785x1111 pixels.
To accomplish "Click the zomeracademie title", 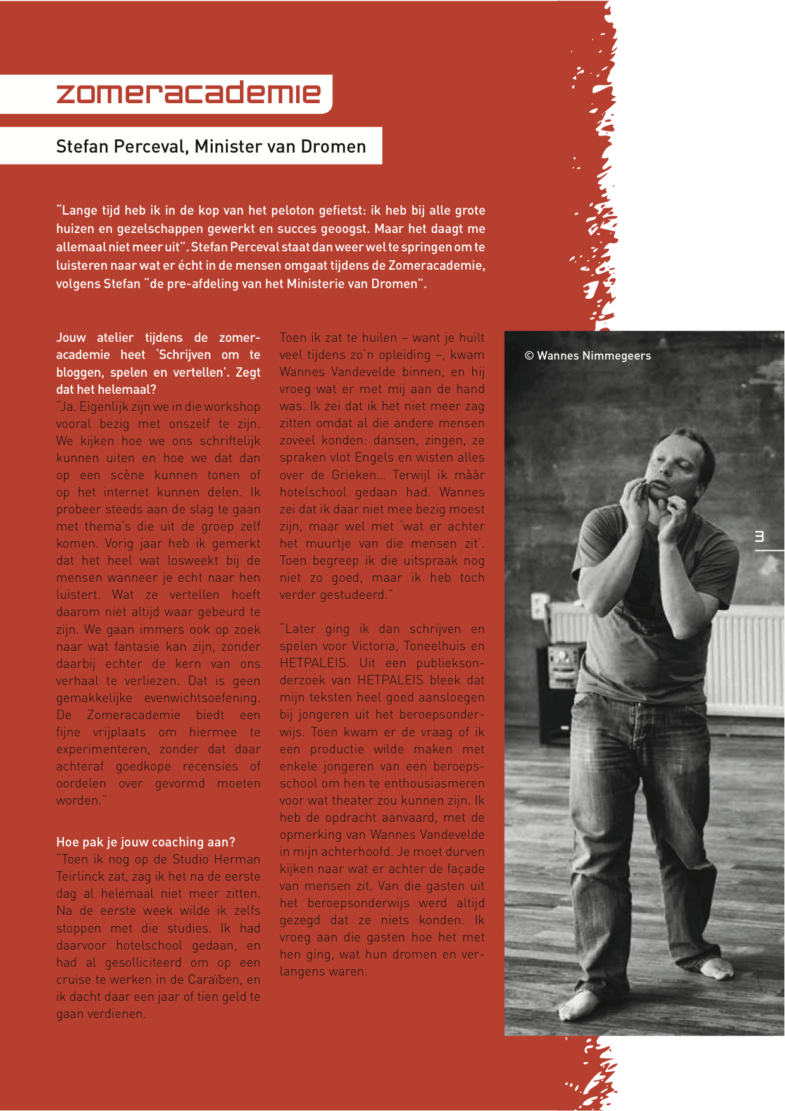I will tap(188, 93).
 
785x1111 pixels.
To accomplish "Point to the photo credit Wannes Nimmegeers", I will tap(587, 356).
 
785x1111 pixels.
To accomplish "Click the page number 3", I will tap(759, 537).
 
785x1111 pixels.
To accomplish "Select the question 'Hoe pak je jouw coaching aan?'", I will tap(146, 842).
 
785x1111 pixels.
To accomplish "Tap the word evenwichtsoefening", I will tap(202, 698).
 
